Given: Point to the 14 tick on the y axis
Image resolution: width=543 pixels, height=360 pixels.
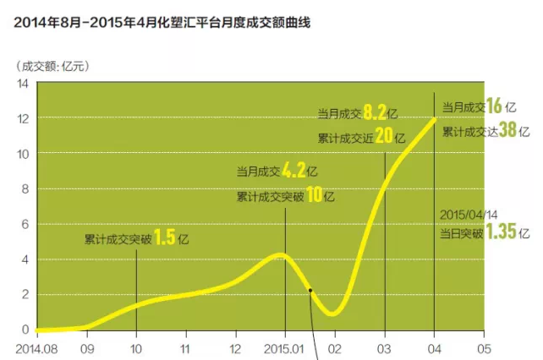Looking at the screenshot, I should (23, 83).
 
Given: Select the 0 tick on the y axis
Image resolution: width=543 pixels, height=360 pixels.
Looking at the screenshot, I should (25, 330).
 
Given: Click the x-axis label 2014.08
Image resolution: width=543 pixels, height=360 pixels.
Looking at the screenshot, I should (37, 347).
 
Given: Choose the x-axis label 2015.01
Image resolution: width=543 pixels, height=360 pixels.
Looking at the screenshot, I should (285, 347).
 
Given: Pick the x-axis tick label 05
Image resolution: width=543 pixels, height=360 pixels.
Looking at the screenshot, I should (484, 347).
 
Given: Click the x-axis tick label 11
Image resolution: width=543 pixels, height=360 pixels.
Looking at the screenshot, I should (186, 347).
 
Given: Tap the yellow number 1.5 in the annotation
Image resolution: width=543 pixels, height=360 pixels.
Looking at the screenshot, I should (165, 238).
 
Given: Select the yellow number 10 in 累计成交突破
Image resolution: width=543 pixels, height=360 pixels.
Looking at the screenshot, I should (312, 195).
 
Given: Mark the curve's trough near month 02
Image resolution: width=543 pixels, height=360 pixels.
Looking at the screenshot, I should (332, 314).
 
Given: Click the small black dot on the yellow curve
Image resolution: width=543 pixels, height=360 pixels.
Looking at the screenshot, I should (311, 289).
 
